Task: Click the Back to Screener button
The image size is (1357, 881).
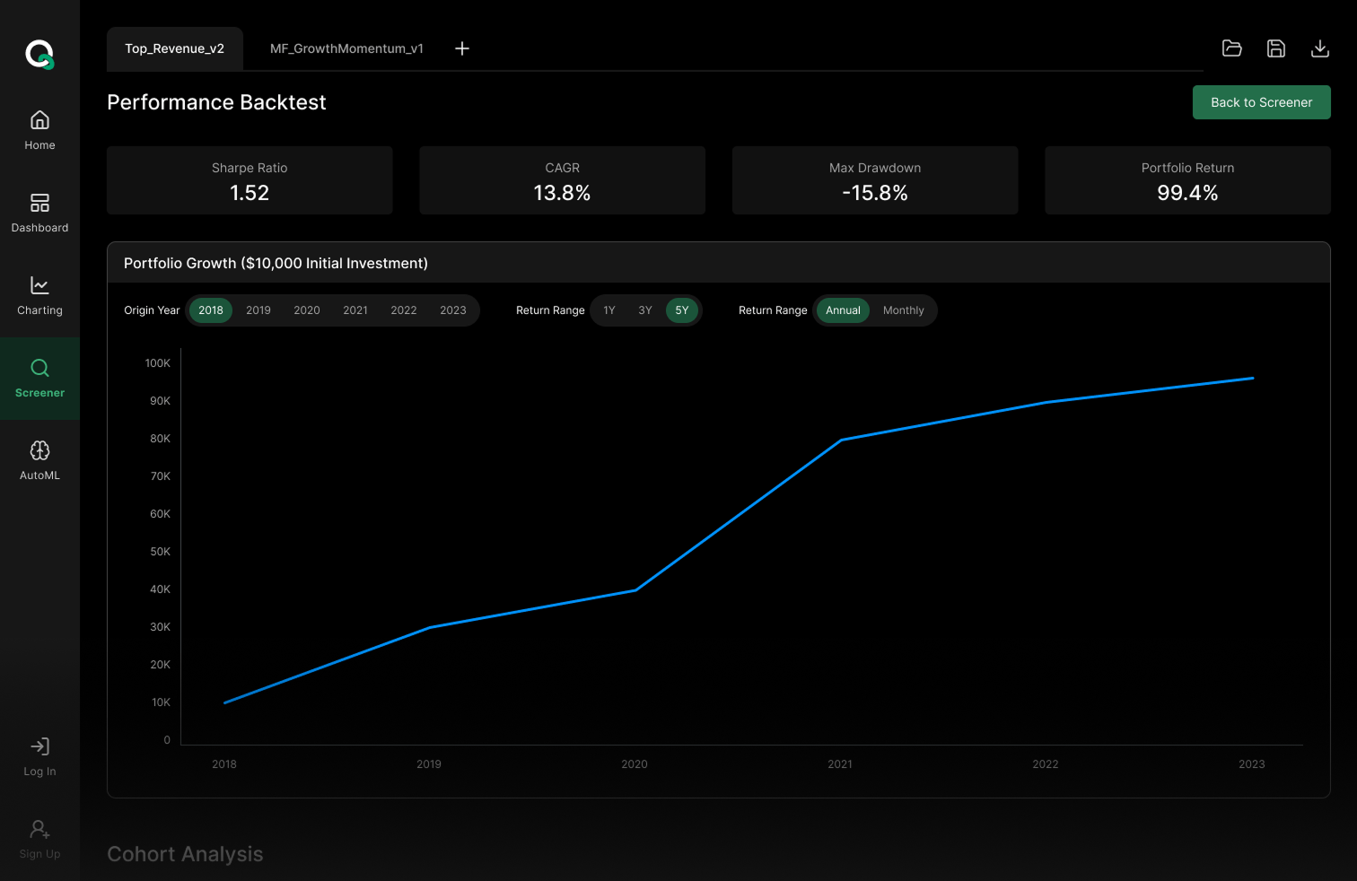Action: coord(1261,102)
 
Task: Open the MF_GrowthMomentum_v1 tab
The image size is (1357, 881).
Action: coord(346,48)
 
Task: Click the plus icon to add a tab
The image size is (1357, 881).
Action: coord(462,48)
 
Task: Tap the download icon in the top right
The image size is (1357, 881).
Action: coord(1319,48)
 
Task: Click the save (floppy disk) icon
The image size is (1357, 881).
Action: coord(1275,48)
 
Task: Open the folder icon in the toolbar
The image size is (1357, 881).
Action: coord(1231,48)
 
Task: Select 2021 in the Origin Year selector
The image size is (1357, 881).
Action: coord(355,310)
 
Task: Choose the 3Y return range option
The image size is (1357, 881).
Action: coord(644,310)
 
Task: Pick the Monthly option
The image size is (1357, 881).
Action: coord(903,310)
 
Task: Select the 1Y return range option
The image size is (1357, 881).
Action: coord(609,310)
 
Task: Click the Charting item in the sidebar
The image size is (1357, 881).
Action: coord(39,296)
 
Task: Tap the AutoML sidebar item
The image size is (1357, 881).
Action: coord(39,461)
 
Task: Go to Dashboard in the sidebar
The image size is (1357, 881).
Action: coord(39,214)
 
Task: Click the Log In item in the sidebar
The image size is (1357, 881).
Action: coord(39,757)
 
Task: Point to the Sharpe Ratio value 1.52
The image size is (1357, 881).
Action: coord(250,193)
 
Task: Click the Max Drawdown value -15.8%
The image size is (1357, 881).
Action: coord(874,193)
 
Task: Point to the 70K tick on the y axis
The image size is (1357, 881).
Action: coord(161,476)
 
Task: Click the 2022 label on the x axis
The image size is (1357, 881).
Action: coord(1045,764)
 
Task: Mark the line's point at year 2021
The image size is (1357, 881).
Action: coord(841,440)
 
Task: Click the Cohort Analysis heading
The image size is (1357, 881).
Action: coord(185,854)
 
